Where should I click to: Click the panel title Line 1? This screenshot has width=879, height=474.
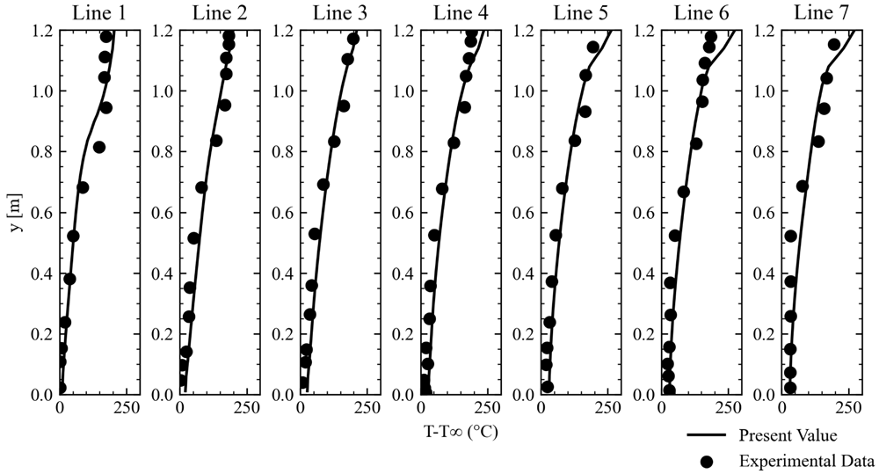(99, 13)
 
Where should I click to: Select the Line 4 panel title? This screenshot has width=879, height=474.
(461, 13)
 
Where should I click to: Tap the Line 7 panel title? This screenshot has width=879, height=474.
(822, 13)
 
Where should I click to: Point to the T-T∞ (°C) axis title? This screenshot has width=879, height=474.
(461, 432)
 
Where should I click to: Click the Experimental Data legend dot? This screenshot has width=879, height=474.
(708, 462)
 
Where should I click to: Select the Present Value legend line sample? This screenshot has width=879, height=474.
(707, 435)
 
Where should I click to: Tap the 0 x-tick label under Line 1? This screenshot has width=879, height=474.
(60, 408)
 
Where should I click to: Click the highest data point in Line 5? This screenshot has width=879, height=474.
(593, 47)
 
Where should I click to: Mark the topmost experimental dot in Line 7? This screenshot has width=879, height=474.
(833, 44)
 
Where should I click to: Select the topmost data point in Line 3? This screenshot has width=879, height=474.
(353, 39)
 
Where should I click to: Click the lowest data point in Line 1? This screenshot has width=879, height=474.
(62, 388)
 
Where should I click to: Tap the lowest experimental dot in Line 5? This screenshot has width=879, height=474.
(548, 387)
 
